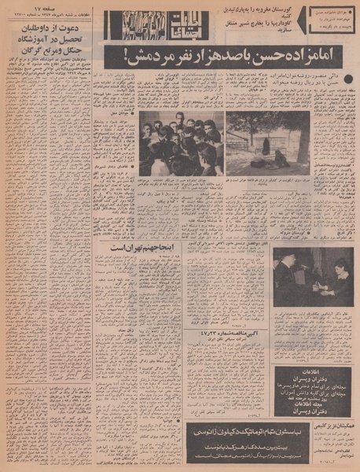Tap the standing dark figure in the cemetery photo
tap(265, 146)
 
